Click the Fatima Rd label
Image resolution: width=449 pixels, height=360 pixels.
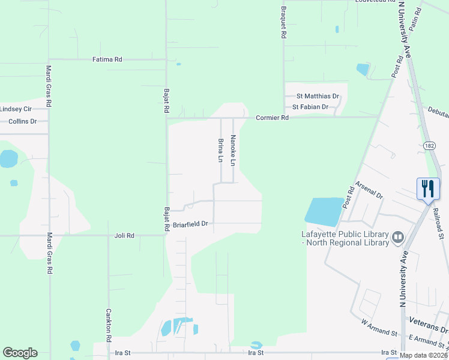pos(107,59)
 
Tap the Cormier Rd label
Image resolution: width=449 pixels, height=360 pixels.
pos(273,118)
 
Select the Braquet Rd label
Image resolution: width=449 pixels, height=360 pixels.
pos(283,23)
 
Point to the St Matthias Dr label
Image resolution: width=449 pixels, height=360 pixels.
pos(318,96)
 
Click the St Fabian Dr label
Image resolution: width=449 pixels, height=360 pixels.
pos(310,107)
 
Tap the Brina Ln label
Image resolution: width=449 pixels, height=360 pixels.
pos(220,150)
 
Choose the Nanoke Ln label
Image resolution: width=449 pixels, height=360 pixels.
pos(234,150)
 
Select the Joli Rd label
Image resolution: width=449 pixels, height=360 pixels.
pos(124,236)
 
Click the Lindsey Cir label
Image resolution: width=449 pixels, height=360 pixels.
pos(16,109)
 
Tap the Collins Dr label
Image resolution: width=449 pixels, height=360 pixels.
pos(23,121)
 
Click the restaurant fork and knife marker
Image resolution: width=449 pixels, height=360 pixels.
pos(428,189)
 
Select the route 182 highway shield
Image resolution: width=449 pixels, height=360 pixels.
pos(429,145)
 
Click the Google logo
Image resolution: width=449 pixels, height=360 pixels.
pos(20,353)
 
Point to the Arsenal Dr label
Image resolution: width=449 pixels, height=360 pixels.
pos(369,190)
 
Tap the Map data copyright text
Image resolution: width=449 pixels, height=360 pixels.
pos(423,355)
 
